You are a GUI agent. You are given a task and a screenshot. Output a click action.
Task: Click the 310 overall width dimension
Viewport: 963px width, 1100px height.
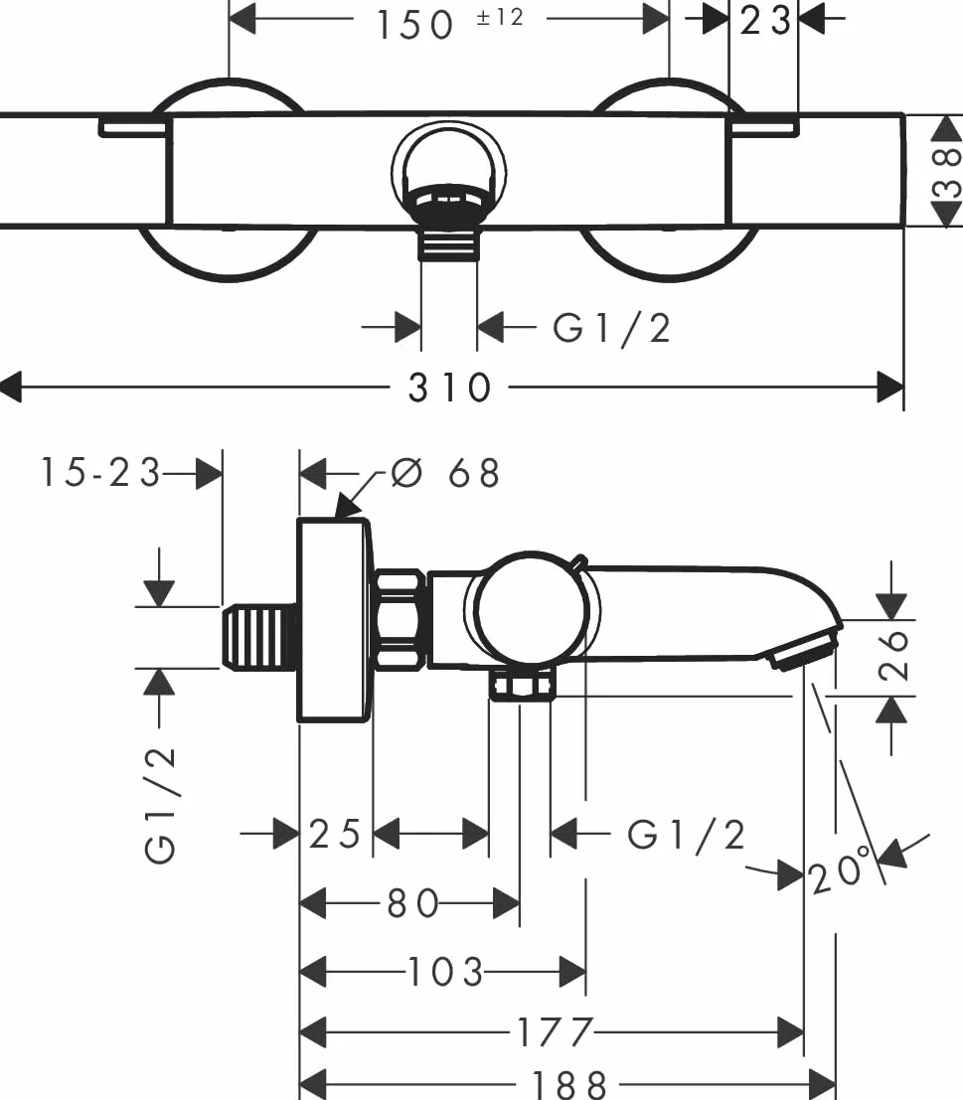coord(449,388)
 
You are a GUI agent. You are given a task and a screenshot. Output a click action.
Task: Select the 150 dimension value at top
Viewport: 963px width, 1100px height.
coord(414,25)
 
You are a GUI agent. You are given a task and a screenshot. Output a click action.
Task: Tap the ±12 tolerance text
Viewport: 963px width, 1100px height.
coord(500,17)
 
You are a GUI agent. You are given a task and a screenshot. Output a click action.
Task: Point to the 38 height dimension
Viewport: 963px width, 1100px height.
coord(946,172)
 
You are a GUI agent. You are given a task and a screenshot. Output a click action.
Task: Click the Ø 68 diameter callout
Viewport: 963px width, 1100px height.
coord(444,473)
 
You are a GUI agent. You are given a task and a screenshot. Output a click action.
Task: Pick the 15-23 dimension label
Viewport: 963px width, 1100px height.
coord(101,471)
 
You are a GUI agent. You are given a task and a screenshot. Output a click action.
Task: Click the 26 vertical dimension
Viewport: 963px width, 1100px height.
coord(892,655)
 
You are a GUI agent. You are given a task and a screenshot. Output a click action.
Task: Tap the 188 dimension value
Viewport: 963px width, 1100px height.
coord(568,1084)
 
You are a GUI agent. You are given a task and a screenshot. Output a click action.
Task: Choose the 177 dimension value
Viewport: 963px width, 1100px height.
coord(555,1032)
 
